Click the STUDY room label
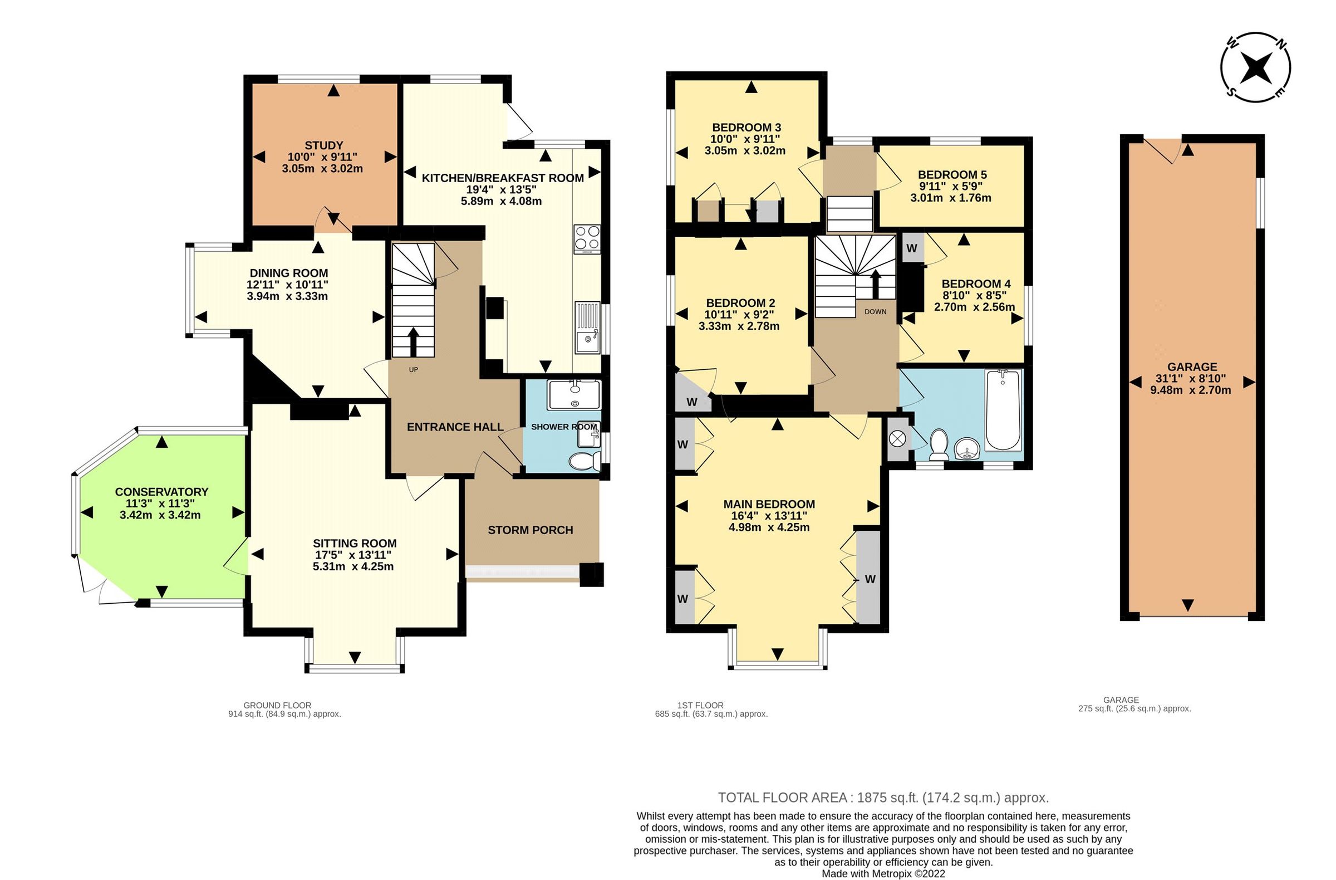point(324,145)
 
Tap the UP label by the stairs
point(413,369)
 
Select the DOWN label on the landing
point(875,312)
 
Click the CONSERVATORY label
point(161,492)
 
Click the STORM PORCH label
point(531,530)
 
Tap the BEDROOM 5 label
point(952,175)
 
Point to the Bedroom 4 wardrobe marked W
point(912,248)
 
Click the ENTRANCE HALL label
point(455,427)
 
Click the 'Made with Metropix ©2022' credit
point(883,874)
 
